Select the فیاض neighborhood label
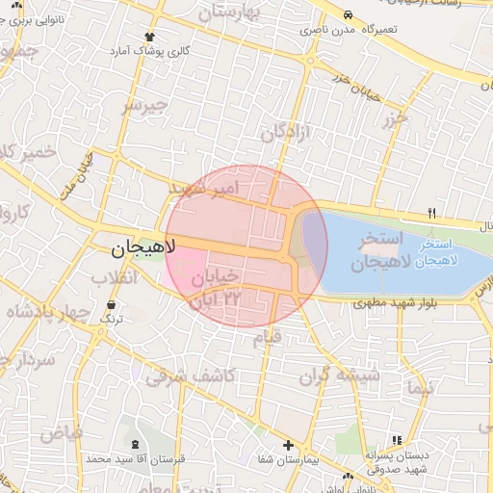61,433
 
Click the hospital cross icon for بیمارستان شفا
288,445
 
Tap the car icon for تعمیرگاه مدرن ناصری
346,14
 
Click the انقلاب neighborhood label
115,278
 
